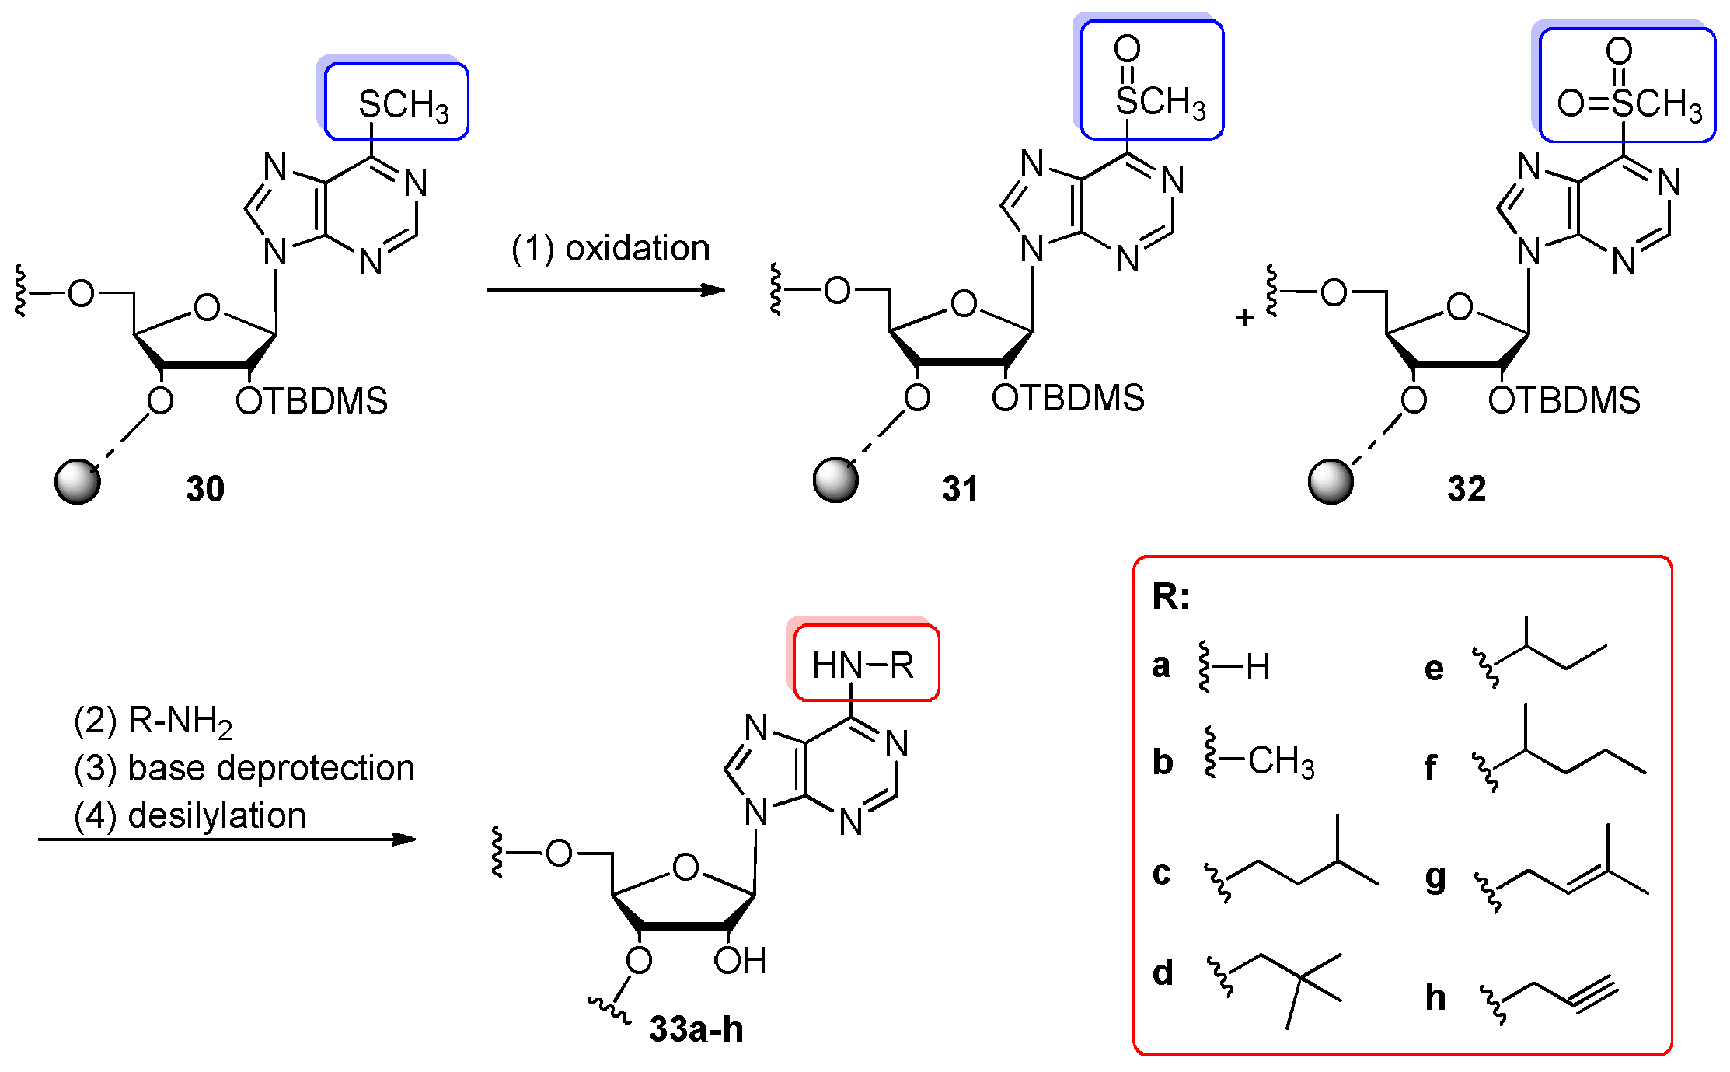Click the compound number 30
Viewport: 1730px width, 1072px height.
click(205, 489)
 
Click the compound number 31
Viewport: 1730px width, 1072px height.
click(960, 489)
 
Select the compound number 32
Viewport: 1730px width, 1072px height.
click(1467, 489)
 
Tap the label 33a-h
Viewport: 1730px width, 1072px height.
click(696, 1029)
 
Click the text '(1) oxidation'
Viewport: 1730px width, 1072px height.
click(610, 249)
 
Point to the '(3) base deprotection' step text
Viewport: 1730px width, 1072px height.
click(244, 768)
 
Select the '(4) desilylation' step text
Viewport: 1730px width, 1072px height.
click(190, 816)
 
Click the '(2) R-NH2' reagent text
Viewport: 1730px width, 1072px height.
click(153, 721)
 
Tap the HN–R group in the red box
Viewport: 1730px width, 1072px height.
click(863, 665)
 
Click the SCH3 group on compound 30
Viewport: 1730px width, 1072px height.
click(403, 105)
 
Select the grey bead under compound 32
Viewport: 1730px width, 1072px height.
click(1331, 482)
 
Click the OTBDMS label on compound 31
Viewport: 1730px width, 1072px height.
click(1068, 398)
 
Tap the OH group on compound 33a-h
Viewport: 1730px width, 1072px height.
click(740, 961)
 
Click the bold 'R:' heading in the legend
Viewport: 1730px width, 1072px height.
click(1170, 596)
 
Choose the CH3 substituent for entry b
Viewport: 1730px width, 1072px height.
click(1281, 762)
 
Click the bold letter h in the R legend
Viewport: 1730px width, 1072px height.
click(1435, 997)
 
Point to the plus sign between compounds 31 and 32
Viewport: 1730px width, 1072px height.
click(1244, 317)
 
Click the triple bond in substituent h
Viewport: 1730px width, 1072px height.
click(1595, 997)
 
